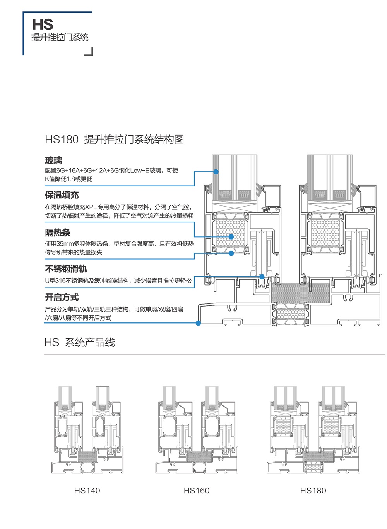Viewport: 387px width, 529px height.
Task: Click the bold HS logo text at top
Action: click(43, 25)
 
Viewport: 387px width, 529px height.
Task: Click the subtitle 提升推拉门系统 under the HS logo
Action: click(60, 38)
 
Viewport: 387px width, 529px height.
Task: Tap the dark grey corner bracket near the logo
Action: click(89, 52)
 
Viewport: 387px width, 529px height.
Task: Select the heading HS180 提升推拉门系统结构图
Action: click(114, 140)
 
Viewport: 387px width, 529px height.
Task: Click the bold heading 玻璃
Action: click(53, 160)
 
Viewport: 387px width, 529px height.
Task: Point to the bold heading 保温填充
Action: click(62, 195)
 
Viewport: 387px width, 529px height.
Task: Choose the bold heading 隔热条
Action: click(58, 233)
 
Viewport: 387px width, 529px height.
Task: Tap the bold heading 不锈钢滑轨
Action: click(66, 269)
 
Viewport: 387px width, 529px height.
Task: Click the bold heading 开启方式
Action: click(62, 297)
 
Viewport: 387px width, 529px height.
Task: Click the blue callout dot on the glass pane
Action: click(216, 172)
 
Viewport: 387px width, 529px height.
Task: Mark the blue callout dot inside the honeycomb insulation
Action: click(231, 236)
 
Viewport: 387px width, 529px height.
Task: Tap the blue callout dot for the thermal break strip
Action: click(231, 253)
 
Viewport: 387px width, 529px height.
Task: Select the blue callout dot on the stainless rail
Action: click(262, 277)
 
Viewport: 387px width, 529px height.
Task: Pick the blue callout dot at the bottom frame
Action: click(198, 323)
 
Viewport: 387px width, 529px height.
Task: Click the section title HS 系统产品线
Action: click(80, 343)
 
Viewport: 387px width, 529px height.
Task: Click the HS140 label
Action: click(87, 491)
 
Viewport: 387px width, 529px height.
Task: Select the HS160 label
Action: click(197, 491)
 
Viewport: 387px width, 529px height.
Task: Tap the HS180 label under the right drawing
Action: click(313, 491)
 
